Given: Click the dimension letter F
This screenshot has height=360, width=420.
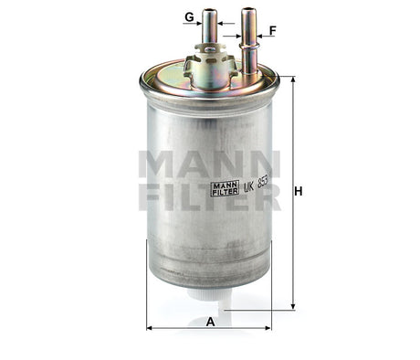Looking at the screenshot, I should (x=272, y=29).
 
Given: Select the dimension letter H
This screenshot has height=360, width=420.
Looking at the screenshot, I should (x=298, y=191).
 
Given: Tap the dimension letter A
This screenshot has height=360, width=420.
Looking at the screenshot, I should (x=210, y=321).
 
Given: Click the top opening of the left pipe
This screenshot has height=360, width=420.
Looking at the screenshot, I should (x=211, y=12).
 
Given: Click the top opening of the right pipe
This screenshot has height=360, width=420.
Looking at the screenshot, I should (x=247, y=11).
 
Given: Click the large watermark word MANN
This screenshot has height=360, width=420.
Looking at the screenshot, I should (x=209, y=164).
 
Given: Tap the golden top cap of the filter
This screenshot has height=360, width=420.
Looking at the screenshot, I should (x=173, y=78).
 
